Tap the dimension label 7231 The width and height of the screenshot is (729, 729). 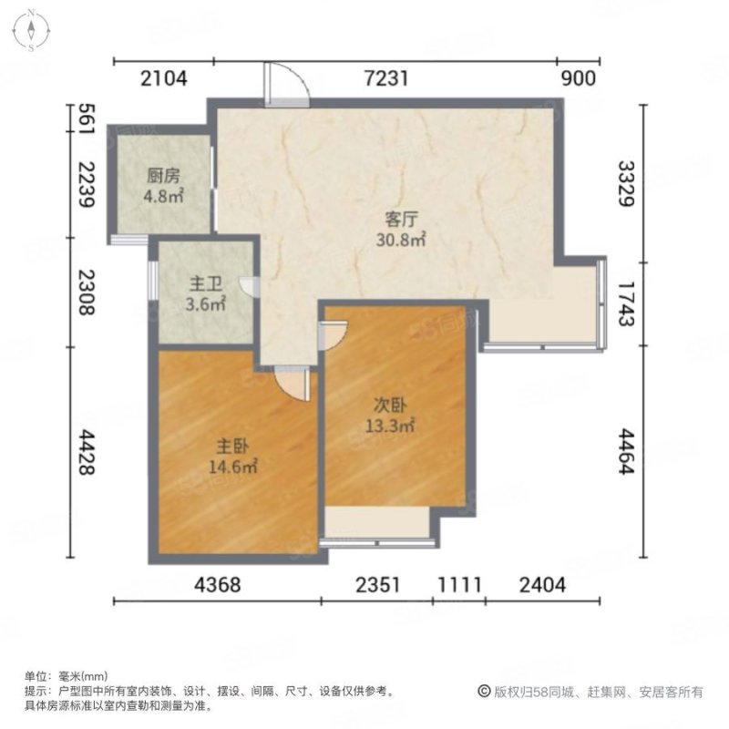click(386, 79)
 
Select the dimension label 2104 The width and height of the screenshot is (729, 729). click(164, 79)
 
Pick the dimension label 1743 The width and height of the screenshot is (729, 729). click(625, 301)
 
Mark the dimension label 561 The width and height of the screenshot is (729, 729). click(87, 119)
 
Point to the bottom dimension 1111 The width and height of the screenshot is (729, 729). click(458, 586)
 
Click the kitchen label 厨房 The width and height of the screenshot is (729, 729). click(165, 177)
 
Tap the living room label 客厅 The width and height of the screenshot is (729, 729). click(401, 220)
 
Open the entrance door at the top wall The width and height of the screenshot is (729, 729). click(286, 85)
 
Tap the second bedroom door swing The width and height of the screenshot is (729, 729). click(333, 334)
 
